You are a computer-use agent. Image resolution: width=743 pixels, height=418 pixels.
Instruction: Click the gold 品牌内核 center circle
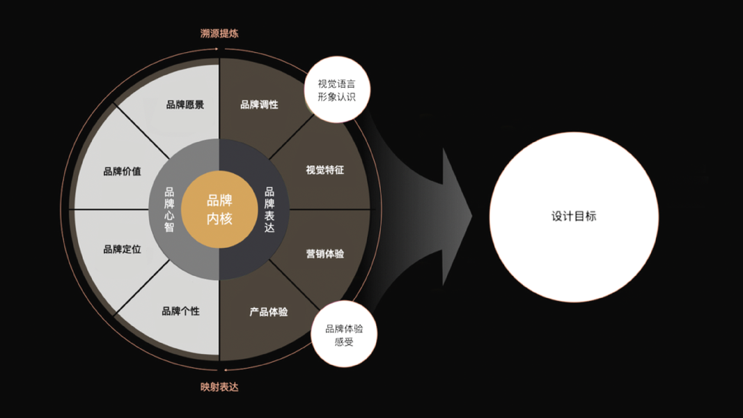[219, 209]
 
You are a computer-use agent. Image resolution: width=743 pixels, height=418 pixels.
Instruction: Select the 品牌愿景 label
[185, 105]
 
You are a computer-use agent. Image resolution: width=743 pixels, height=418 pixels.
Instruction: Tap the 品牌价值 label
[122, 171]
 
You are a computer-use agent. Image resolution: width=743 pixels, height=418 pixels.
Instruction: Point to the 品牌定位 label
[122, 249]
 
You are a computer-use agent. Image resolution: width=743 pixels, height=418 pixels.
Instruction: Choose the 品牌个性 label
[180, 311]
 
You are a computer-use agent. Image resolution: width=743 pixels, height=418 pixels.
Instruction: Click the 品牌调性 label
[259, 104]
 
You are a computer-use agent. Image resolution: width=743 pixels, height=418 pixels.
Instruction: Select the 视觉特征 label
[324, 170]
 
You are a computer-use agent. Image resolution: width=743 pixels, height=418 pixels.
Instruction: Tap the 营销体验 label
[324, 254]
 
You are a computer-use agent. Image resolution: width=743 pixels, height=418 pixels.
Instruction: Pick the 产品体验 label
[269, 312]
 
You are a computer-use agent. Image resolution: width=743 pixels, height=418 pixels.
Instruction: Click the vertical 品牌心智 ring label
[169, 209]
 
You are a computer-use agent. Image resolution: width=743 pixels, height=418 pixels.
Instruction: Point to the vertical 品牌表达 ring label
[270, 209]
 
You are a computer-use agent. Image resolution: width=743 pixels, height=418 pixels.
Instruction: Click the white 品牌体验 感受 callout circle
[344, 335]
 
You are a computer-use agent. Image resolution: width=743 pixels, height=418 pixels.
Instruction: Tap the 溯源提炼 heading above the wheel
[219, 33]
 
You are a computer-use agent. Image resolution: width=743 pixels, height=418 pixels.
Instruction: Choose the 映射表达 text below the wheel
[219, 387]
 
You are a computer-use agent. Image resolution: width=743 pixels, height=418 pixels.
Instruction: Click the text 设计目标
[574, 217]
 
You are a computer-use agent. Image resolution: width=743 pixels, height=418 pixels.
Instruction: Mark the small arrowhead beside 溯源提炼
[217, 49]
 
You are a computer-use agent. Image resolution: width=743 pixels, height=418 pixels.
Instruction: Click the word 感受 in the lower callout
[344, 342]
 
